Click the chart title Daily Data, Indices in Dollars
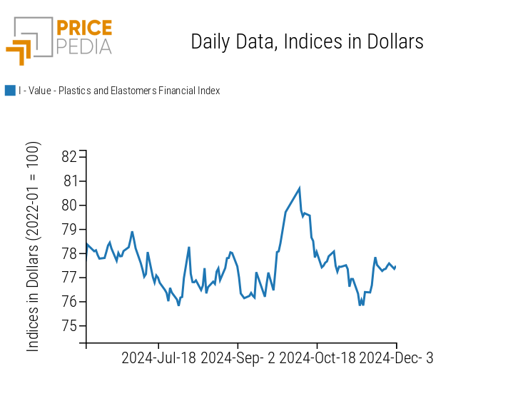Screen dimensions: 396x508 307,42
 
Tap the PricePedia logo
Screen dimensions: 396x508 59,40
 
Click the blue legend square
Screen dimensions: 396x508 10,91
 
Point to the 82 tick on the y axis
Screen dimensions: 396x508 70,157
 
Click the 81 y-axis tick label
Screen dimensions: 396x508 70,181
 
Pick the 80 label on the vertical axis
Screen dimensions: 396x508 70,205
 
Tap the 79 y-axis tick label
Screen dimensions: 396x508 70,230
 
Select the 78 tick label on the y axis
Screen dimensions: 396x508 70,254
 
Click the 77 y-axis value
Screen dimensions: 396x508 70,278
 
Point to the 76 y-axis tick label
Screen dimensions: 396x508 70,302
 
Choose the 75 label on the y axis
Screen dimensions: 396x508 70,326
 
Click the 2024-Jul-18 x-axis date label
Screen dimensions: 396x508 158,358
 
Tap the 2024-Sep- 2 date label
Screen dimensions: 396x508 238,358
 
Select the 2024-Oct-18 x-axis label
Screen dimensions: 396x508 317,358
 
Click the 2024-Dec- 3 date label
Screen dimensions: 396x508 396,358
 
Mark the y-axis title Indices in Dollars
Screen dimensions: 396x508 33,246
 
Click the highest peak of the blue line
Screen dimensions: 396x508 300,188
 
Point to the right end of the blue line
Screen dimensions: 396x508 395,267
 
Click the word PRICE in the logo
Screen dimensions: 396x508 85,29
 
